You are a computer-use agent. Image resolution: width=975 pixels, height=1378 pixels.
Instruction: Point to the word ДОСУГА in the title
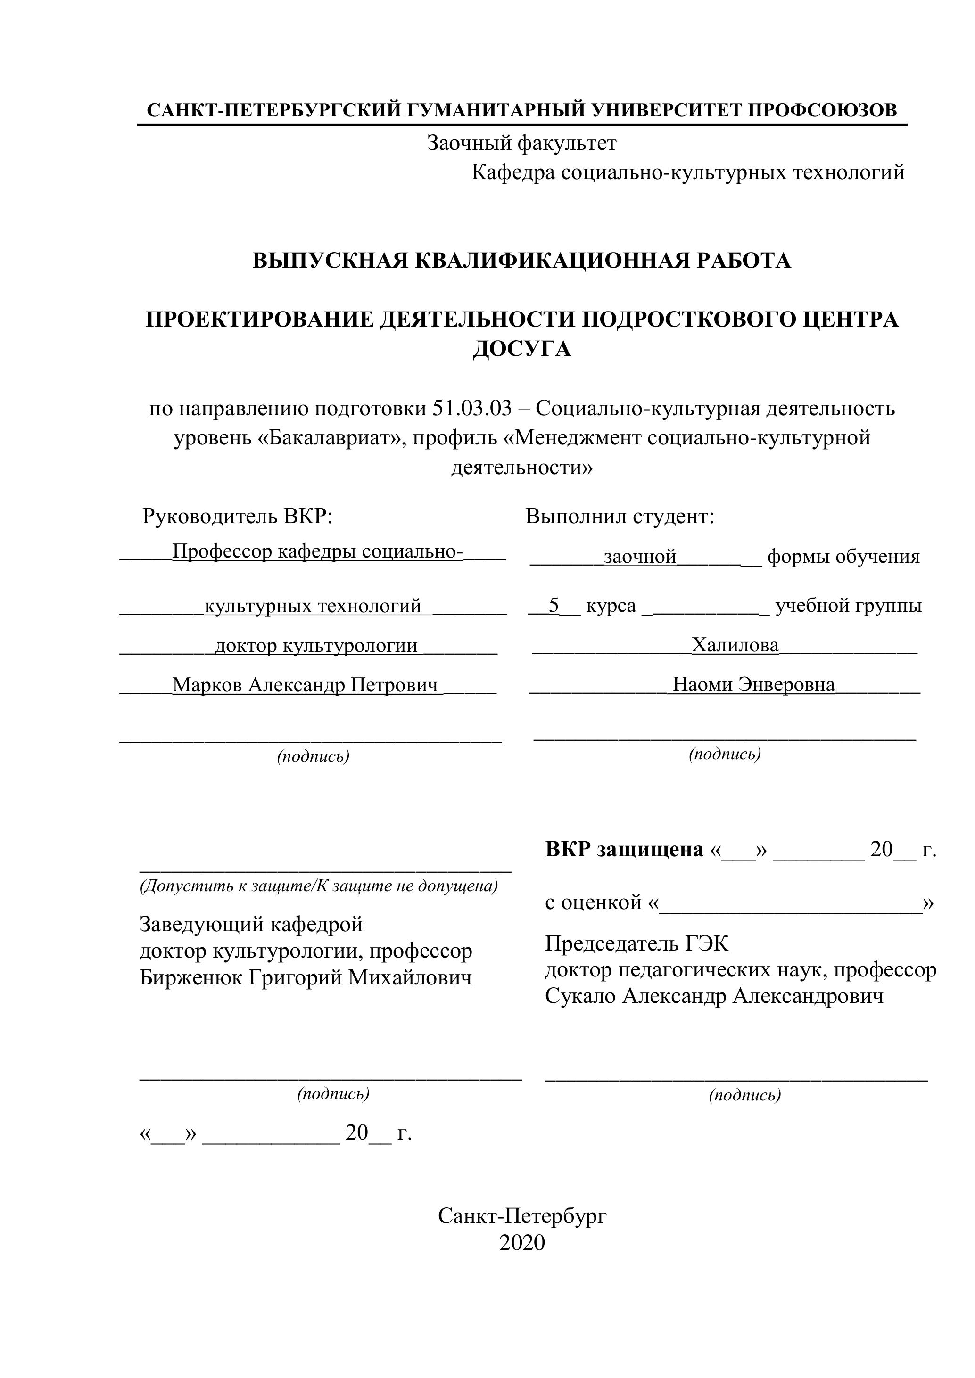pyautogui.click(x=522, y=349)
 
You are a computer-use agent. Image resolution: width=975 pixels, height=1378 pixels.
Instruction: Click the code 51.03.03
pyautogui.click(x=472, y=409)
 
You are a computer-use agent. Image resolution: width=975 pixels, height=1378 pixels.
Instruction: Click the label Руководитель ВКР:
pyautogui.click(x=237, y=516)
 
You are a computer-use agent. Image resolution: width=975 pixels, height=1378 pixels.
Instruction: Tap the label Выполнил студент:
pyautogui.click(x=620, y=516)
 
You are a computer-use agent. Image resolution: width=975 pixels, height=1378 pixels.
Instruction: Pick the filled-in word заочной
pyautogui.click(x=640, y=557)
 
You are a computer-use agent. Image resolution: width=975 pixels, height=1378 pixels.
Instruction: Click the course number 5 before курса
pyautogui.click(x=554, y=606)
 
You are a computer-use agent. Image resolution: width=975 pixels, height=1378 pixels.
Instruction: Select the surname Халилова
pyautogui.click(x=735, y=645)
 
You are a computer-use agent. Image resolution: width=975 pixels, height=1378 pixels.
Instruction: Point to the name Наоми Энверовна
pyautogui.click(x=753, y=685)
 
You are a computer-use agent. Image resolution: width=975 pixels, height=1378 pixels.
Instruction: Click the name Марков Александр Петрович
pyautogui.click(x=305, y=685)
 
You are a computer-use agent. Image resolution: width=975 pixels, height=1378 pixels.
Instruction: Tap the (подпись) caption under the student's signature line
pyautogui.click(x=725, y=754)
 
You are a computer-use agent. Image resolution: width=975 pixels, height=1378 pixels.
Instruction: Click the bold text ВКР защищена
pyautogui.click(x=624, y=849)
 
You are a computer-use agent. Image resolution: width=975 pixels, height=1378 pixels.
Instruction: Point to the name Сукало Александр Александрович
pyautogui.click(x=714, y=996)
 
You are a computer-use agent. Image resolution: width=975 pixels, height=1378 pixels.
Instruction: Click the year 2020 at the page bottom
pyautogui.click(x=522, y=1243)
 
